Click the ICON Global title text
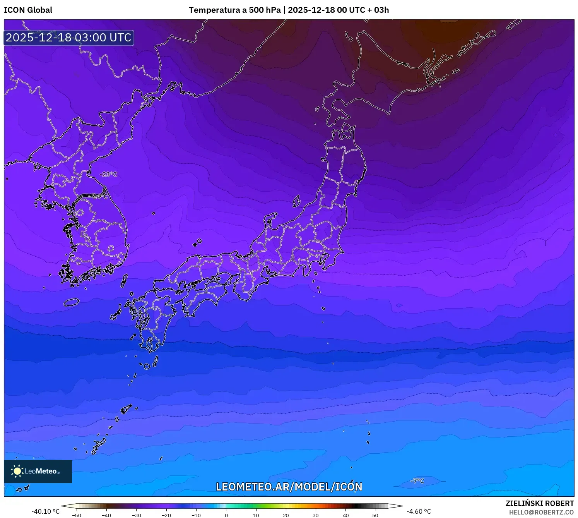click(28, 10)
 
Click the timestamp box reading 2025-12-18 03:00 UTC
click(69, 38)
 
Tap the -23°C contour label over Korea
click(108, 174)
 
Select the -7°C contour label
click(417, 481)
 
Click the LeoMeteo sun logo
click(17, 471)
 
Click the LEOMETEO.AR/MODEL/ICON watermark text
click(289, 487)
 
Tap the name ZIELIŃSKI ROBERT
click(540, 503)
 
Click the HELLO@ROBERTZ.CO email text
click(541, 512)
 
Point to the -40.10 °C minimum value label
click(46, 511)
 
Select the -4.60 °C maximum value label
click(419, 511)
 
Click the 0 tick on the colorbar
click(226, 515)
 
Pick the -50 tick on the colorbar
click(77, 515)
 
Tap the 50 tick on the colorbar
click(375, 515)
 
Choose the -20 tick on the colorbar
click(166, 515)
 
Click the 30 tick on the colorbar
click(316, 515)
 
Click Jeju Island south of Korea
click(72, 302)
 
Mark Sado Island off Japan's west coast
click(296, 201)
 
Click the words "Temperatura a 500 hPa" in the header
click(235, 10)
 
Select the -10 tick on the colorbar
click(196, 515)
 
